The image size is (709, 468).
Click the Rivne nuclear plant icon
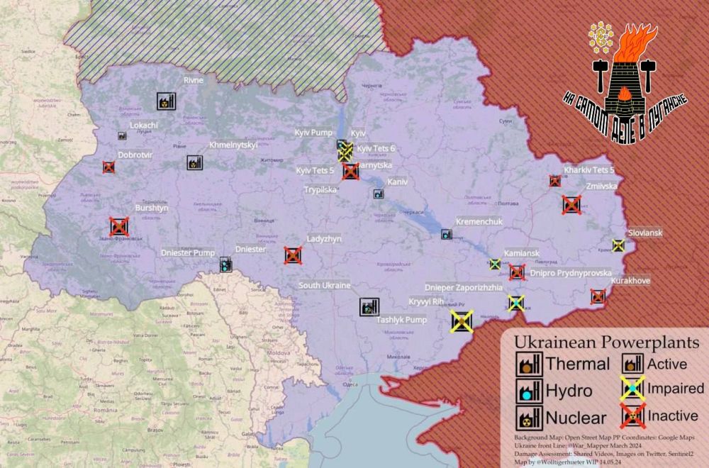[x=165, y=101]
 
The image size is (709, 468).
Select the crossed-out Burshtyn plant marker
[x=119, y=227]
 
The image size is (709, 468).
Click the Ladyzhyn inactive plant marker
[x=291, y=255]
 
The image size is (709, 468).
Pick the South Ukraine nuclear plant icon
[x=369, y=306]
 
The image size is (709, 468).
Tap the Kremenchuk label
[x=479, y=222]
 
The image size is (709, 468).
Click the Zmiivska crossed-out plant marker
[x=571, y=205]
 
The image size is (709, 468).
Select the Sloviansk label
[x=645, y=233]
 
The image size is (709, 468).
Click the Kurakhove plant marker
[x=598, y=296]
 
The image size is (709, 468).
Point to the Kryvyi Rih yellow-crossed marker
[x=462, y=321]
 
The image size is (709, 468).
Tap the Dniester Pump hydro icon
[x=225, y=265]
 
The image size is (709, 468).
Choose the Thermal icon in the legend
[x=528, y=364]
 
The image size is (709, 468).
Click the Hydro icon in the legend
[x=528, y=390]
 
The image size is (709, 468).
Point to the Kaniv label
[x=397, y=182]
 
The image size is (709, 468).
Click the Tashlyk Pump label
[x=401, y=320]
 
